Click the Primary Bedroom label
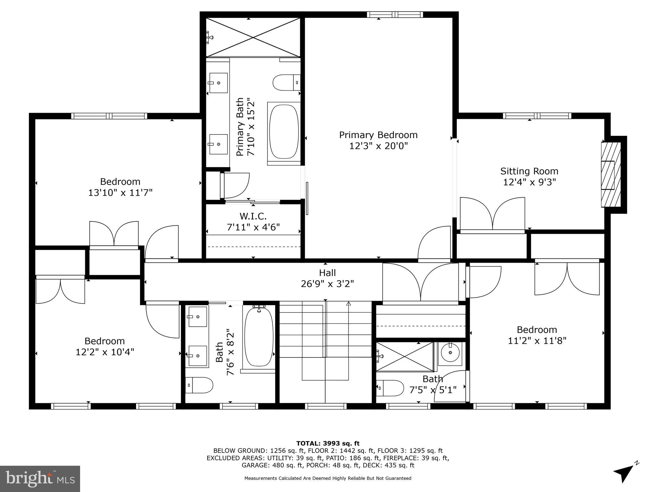(378, 135)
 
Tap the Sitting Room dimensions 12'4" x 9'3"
(529, 182)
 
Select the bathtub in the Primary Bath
(284, 132)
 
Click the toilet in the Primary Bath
(286, 82)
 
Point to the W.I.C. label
(253, 216)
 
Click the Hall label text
(327, 273)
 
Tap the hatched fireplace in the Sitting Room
(611, 175)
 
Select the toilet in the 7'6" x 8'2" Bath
(199, 385)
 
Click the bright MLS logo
(40, 479)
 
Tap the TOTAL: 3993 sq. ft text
(328, 443)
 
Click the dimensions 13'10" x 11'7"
(120, 193)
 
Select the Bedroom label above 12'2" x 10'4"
(104, 341)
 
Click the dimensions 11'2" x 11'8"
(537, 340)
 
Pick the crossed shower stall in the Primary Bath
(253, 37)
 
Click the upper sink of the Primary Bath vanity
(218, 83)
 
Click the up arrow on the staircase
(348, 304)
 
